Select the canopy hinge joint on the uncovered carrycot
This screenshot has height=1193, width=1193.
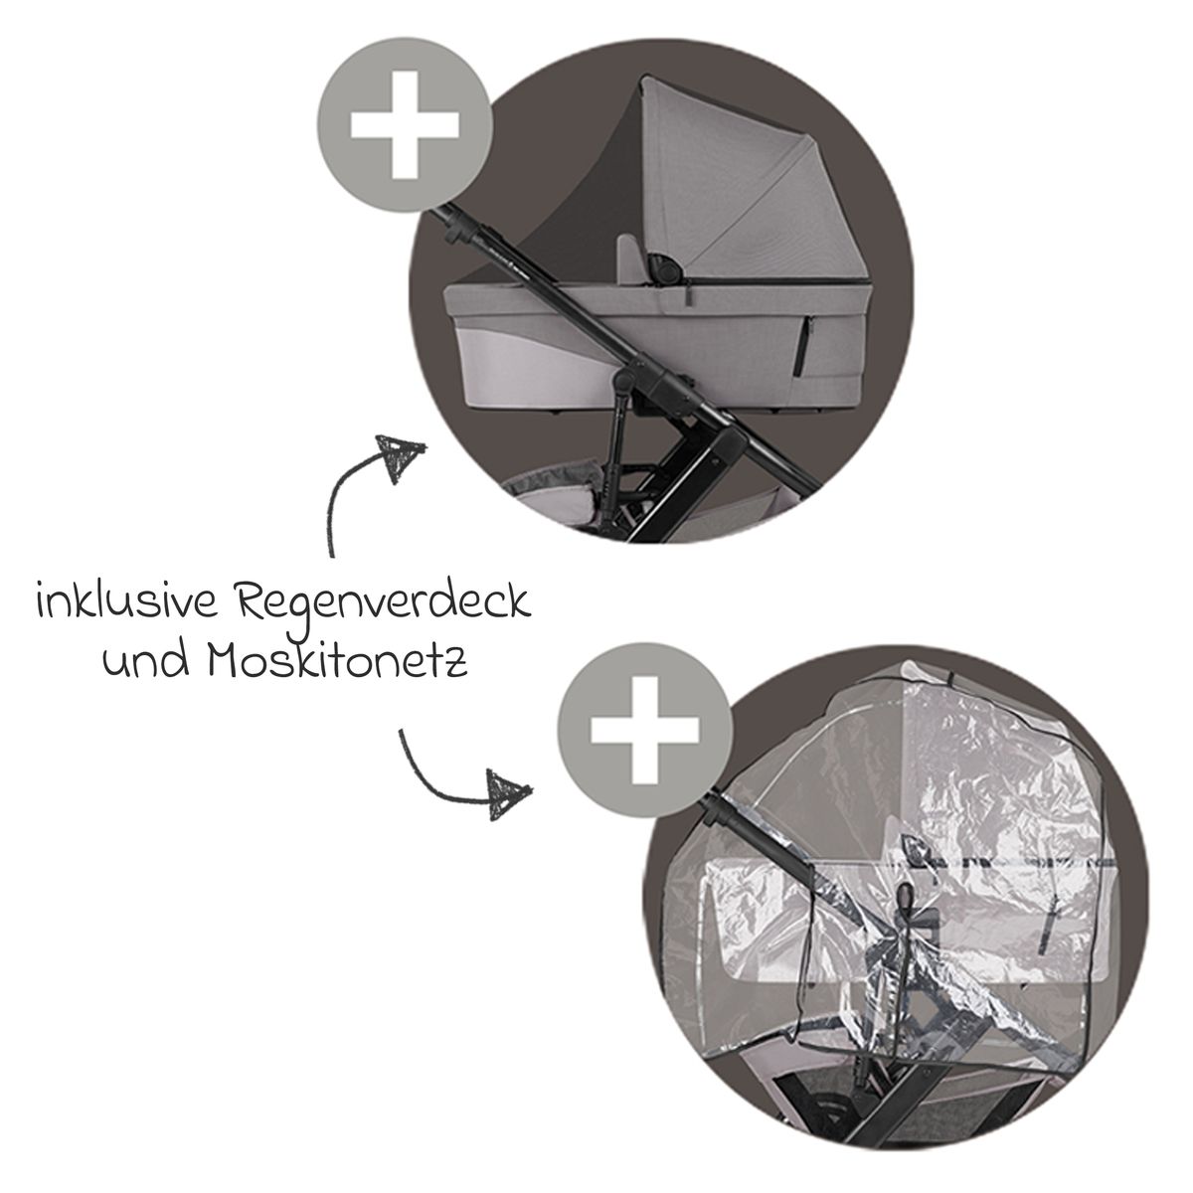[661, 266]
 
